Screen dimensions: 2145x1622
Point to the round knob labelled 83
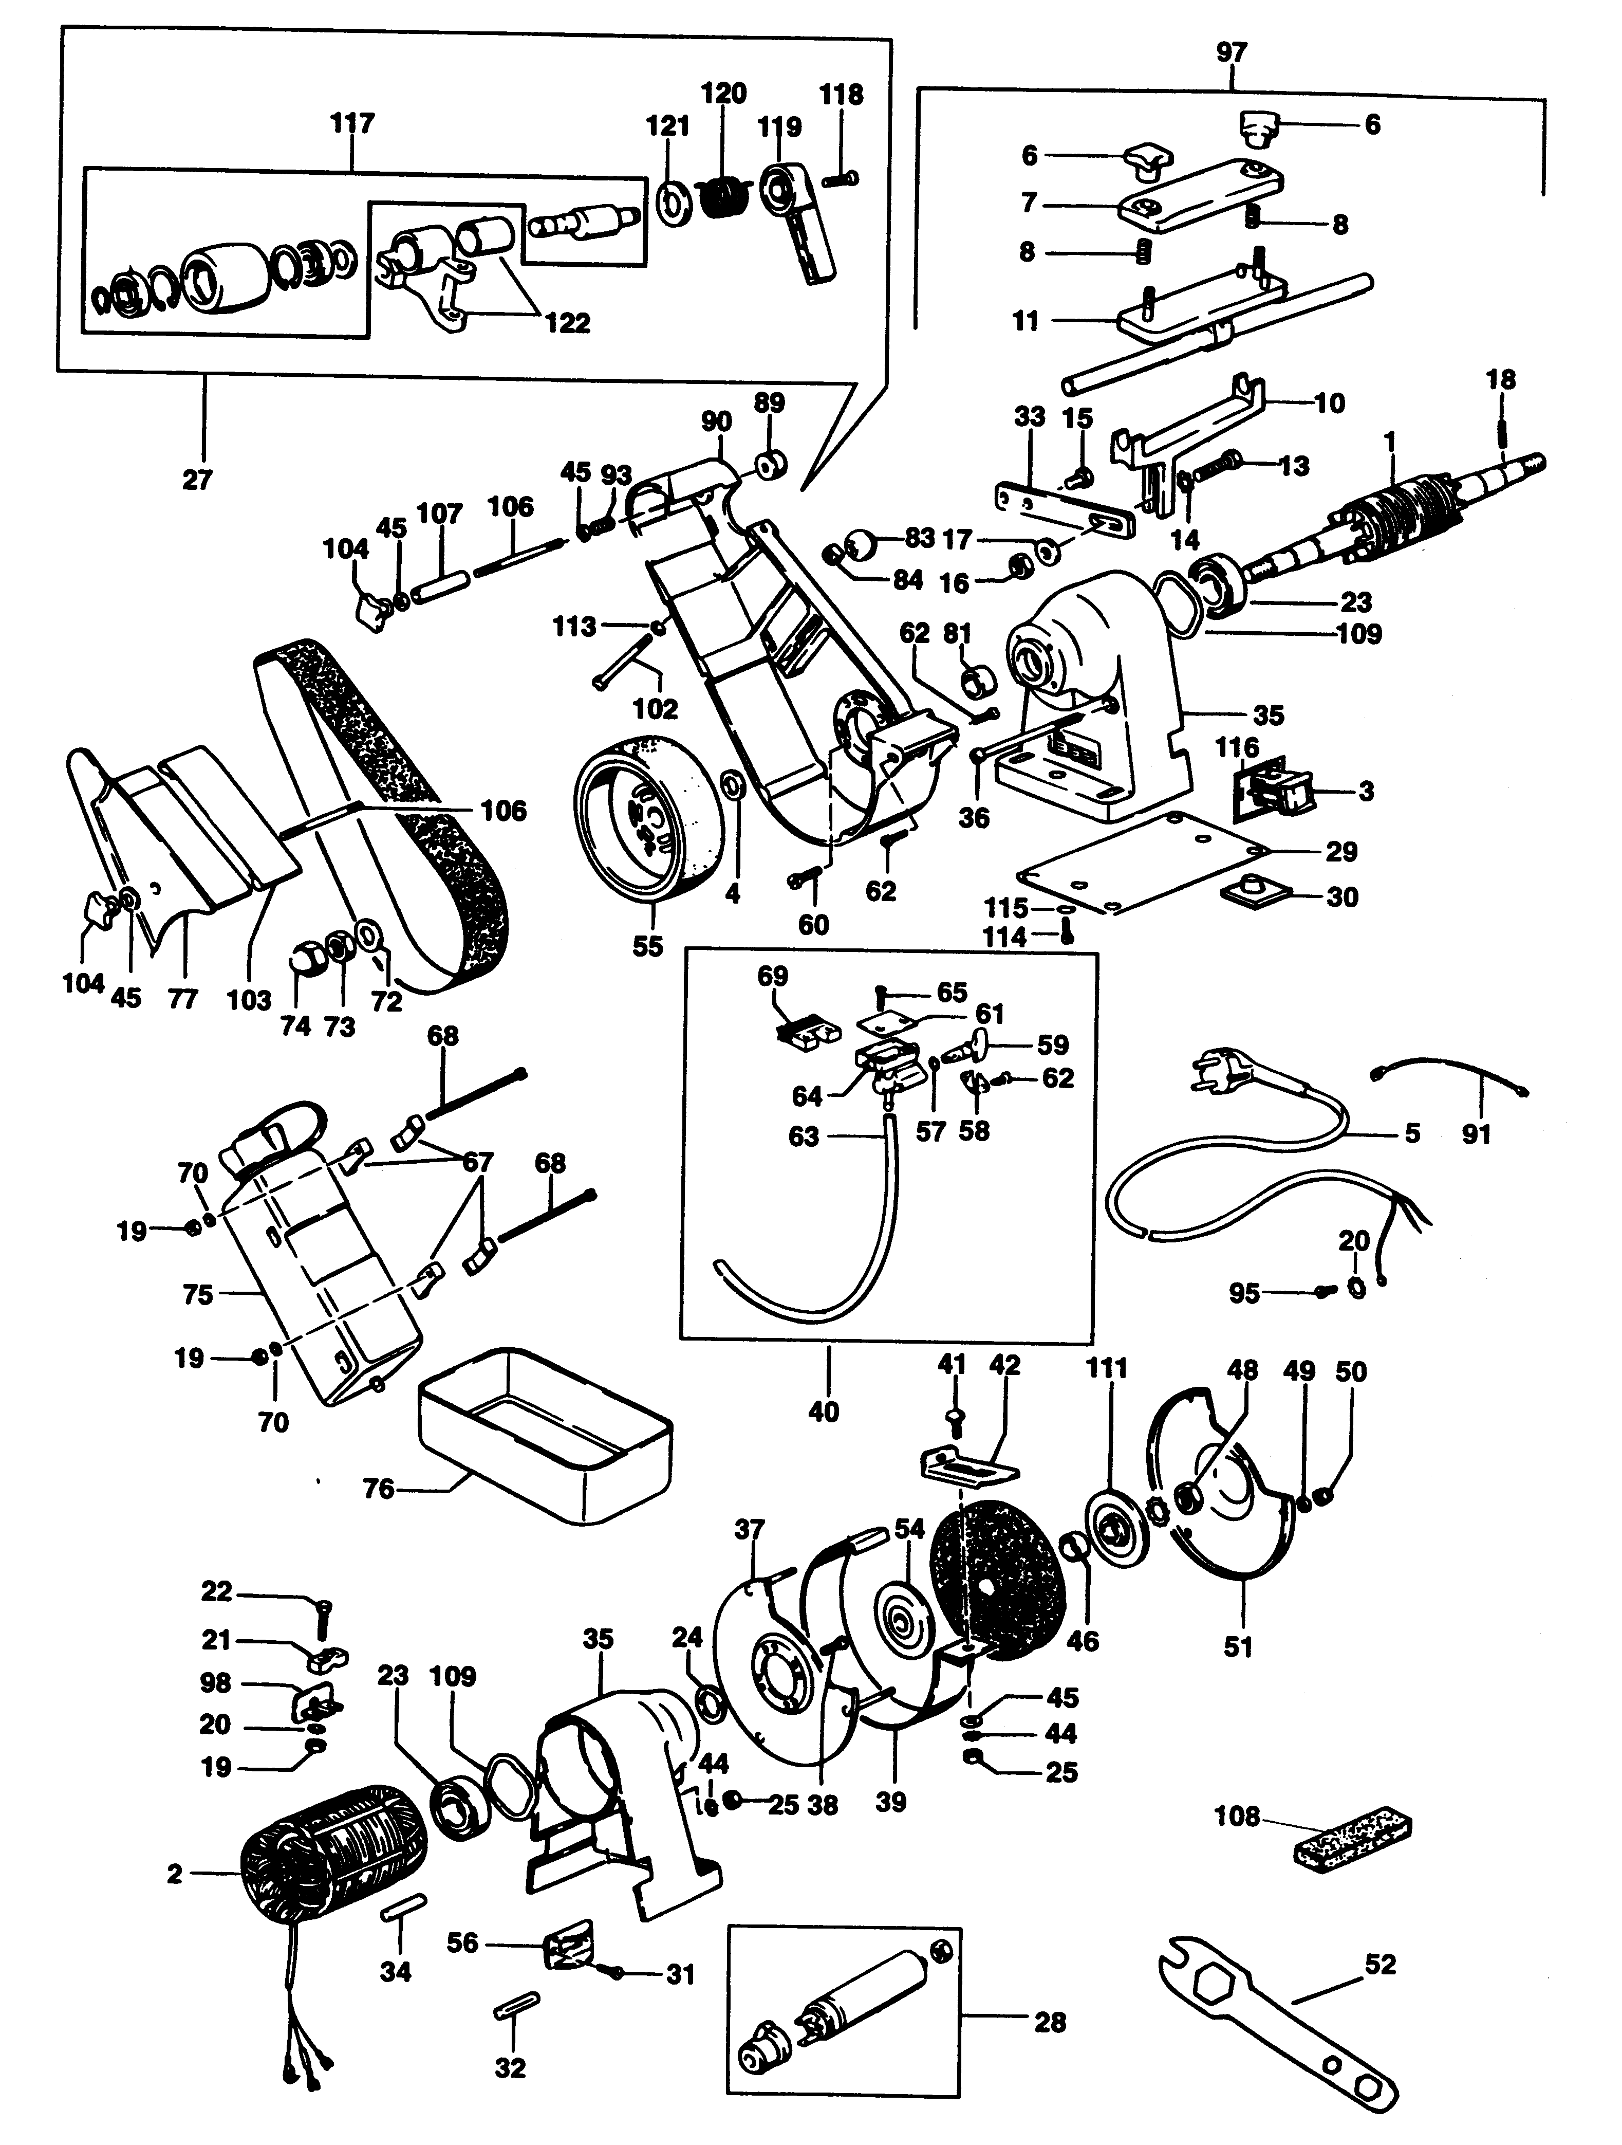[861, 543]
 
